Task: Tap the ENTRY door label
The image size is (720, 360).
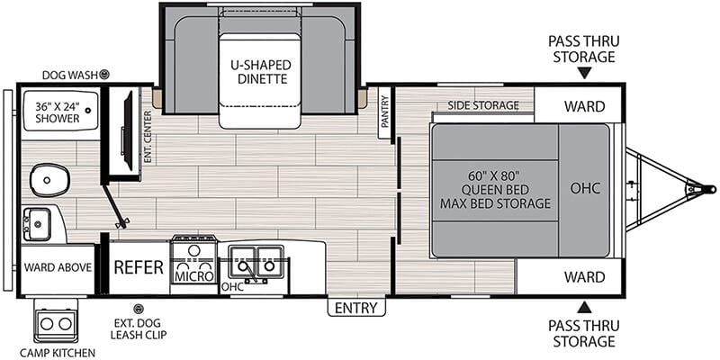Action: (x=356, y=308)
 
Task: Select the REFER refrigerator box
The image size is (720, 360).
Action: (x=139, y=267)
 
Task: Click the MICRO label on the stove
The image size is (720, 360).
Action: (x=194, y=276)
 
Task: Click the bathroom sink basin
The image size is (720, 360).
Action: (x=37, y=223)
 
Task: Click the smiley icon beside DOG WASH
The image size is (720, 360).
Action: (x=104, y=74)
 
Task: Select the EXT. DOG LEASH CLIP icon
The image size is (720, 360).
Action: (x=137, y=309)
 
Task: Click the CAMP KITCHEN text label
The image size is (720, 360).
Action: (x=58, y=353)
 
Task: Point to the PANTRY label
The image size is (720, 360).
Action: (x=385, y=112)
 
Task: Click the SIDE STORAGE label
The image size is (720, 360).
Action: (x=483, y=105)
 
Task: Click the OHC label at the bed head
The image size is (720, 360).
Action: (x=586, y=188)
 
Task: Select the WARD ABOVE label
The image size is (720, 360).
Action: (x=58, y=267)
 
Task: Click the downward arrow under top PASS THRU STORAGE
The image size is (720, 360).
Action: (x=584, y=73)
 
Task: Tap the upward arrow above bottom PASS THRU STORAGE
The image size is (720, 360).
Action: (x=584, y=307)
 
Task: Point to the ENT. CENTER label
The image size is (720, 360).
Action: (x=148, y=137)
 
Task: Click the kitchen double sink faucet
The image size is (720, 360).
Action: (x=251, y=272)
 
